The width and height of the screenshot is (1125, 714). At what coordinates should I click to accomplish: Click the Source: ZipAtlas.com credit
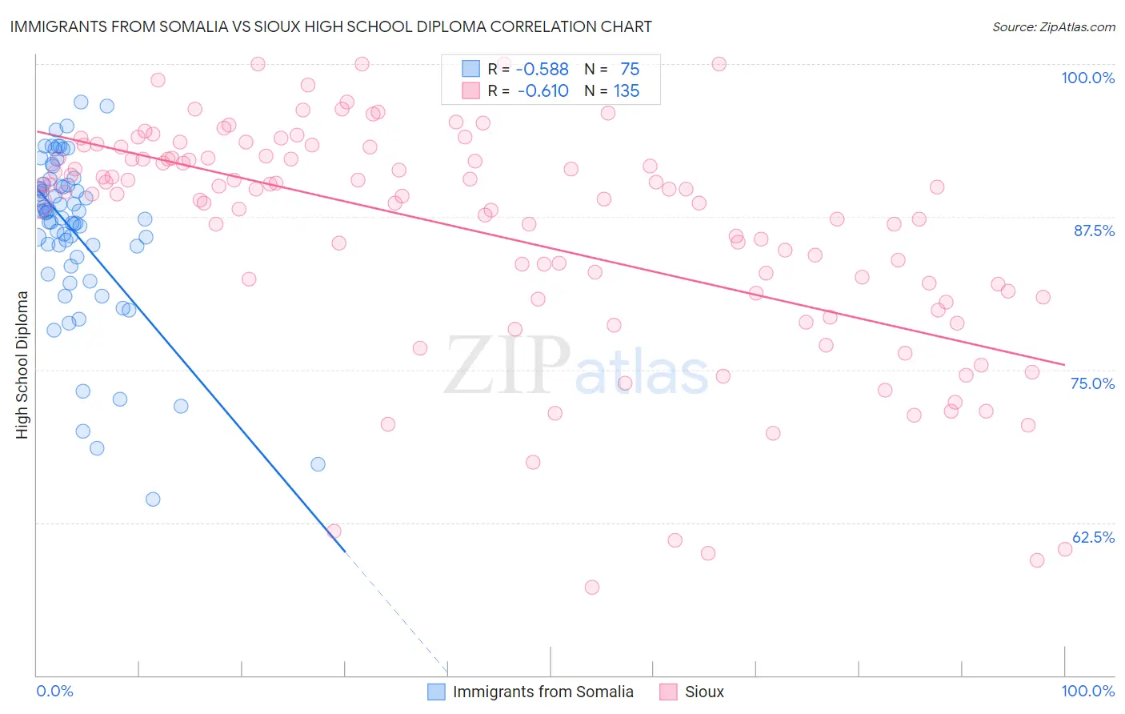[1053, 27]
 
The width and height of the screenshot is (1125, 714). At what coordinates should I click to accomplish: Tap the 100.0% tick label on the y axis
[1087, 78]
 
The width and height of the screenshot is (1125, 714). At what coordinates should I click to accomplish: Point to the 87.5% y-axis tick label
[1094, 231]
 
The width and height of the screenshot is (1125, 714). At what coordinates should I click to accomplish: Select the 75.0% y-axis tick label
[1092, 383]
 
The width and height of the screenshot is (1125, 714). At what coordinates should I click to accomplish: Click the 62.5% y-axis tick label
[1093, 537]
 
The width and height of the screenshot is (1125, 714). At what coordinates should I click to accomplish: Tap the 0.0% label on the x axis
[54, 691]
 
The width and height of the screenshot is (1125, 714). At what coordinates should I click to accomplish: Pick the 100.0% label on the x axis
[1087, 691]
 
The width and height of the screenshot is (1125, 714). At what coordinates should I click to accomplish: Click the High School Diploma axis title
[22, 364]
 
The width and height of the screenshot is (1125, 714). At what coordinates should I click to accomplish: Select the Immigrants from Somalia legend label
[542, 692]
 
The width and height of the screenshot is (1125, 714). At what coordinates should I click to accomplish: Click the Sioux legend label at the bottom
[704, 692]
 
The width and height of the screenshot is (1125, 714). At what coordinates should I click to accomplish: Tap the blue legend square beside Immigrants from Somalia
[436, 692]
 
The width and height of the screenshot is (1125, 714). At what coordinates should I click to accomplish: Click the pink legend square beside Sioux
[668, 692]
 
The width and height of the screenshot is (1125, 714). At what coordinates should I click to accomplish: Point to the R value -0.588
[542, 70]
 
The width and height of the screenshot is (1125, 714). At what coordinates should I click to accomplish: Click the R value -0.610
[542, 91]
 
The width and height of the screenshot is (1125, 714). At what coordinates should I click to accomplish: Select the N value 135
[627, 91]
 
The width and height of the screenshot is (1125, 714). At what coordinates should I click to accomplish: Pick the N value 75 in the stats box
[630, 70]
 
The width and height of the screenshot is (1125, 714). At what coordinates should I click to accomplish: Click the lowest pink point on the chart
[592, 588]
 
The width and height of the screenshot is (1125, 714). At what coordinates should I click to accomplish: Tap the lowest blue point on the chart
[153, 499]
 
